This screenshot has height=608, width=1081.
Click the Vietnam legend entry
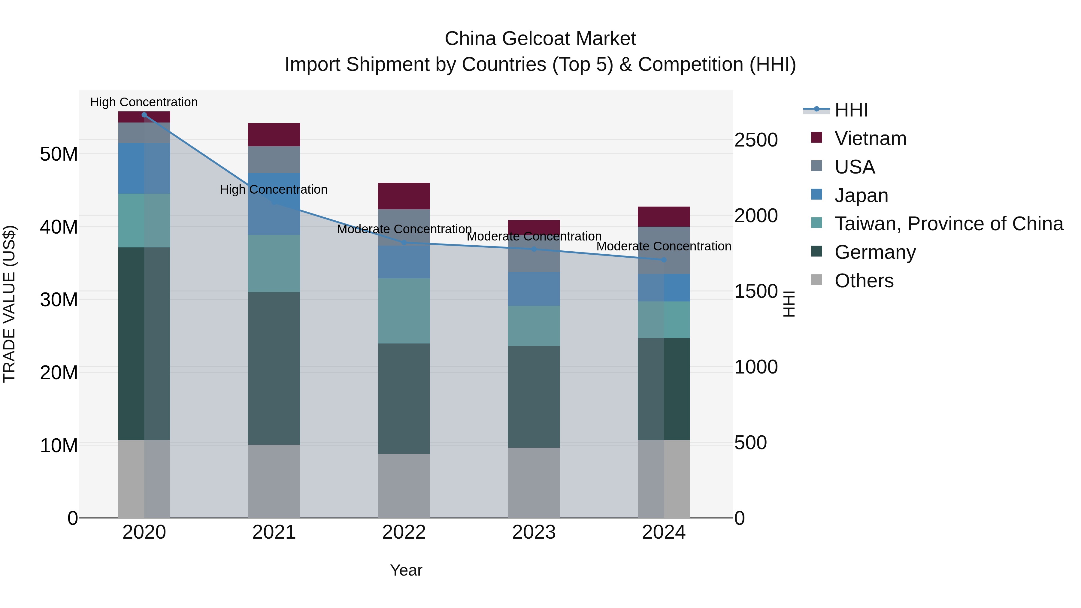(870, 138)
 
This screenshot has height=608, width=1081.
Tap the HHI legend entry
(851, 110)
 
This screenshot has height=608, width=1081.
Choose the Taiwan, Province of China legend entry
(948, 224)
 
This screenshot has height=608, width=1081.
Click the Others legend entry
(864, 281)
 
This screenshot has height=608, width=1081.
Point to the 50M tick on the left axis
(59, 154)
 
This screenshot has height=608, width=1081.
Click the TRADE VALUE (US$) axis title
(9, 304)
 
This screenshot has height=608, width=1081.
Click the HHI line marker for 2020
(144, 115)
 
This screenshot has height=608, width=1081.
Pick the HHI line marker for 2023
(534, 249)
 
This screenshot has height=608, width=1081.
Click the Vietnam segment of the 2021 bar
(274, 135)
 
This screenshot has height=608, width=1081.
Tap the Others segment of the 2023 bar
(534, 482)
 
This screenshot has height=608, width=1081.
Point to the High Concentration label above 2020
(144, 102)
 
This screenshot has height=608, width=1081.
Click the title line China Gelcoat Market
(540, 39)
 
